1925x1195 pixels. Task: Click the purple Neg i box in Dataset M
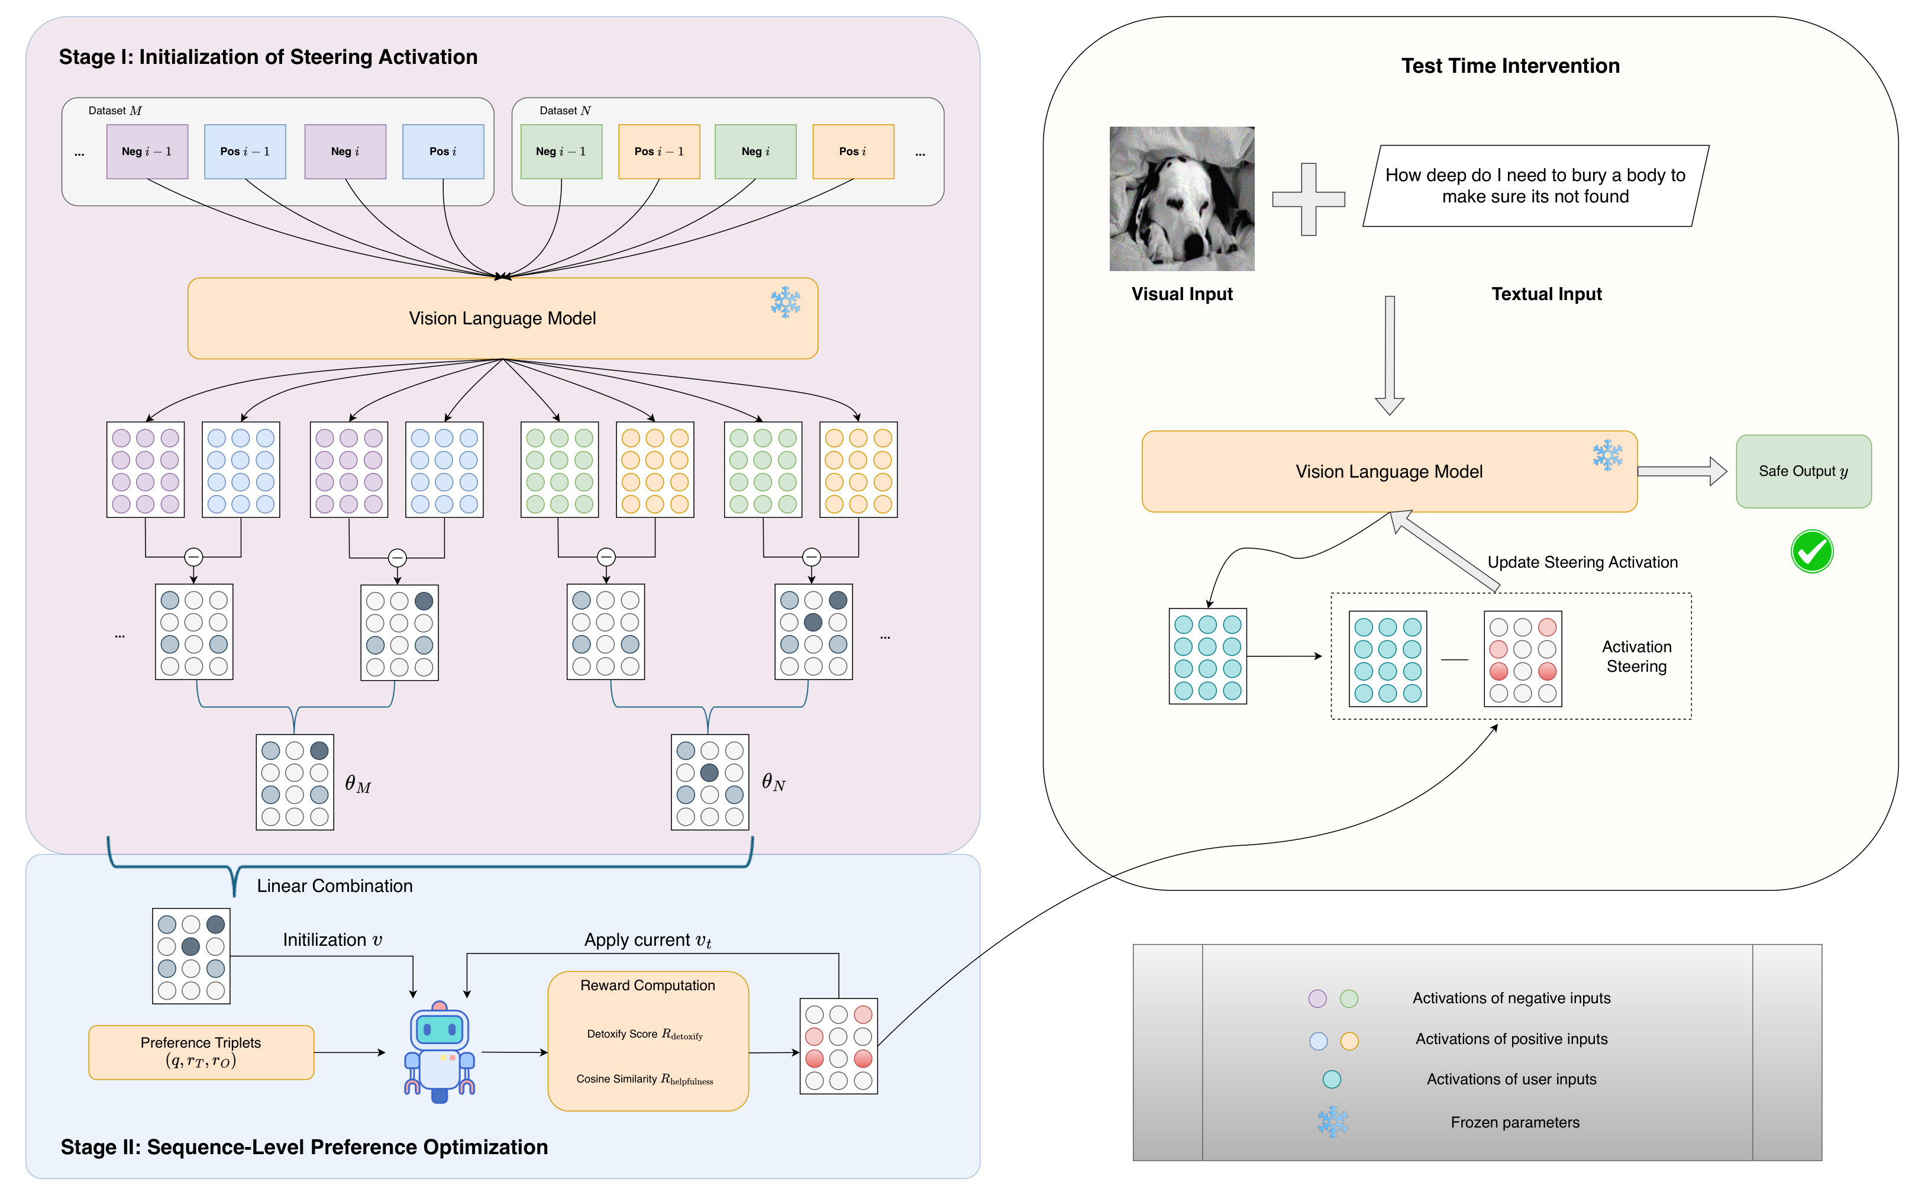(345, 151)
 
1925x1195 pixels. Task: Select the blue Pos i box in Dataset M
(443, 151)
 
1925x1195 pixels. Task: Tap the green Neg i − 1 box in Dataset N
(561, 151)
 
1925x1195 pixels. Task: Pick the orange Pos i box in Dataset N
(853, 151)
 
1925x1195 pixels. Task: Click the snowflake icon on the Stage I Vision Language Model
(785, 302)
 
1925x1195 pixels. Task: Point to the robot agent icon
(440, 1052)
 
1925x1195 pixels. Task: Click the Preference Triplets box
(201, 1052)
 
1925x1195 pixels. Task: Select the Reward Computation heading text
(648, 985)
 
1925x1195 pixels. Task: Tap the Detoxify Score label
(645, 1034)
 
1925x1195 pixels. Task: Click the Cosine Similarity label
(645, 1079)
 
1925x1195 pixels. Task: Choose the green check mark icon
(1812, 551)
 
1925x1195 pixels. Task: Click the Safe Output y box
(1803, 471)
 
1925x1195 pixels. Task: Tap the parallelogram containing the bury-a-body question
(1536, 186)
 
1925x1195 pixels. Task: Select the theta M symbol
(358, 784)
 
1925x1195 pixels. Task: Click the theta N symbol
(773, 782)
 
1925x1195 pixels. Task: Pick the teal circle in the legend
(1332, 1079)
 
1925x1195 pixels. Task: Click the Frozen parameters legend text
(1515, 1122)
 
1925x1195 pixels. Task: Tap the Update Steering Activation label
(1582, 562)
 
